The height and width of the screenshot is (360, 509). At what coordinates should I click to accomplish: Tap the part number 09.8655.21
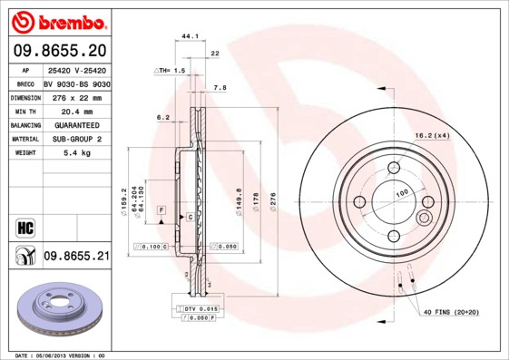coord(76,258)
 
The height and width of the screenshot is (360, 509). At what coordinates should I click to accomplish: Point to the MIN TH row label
coord(24,110)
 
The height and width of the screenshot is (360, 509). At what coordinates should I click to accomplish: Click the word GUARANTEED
coord(75,124)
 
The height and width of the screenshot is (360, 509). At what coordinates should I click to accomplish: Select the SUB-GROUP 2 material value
coord(75,139)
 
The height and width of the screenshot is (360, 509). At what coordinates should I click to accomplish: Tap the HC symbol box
coord(24,226)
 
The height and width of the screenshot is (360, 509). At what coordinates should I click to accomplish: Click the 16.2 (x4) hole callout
coord(432,135)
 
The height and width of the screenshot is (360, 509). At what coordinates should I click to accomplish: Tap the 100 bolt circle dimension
coord(400,192)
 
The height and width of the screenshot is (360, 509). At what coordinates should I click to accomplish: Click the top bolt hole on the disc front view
coord(395,167)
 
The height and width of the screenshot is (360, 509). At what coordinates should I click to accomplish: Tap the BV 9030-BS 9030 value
coord(76,83)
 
